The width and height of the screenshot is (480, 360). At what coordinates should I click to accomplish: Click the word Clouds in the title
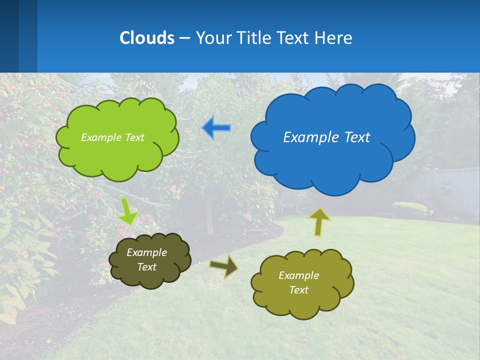[x=147, y=38]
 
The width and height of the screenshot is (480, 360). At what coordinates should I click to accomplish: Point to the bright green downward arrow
[x=127, y=210]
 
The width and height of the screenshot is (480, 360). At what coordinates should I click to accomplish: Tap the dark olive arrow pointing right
[x=223, y=266]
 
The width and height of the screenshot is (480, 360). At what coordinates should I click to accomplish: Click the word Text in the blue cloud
[x=358, y=137]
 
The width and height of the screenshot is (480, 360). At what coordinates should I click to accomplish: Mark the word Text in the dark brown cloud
[x=147, y=267]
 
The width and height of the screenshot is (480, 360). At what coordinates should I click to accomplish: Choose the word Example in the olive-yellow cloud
[x=299, y=275]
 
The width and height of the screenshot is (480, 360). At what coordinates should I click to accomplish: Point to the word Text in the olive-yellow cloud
[x=299, y=290]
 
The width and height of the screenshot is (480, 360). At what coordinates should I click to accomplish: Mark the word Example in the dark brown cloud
[x=147, y=252]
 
